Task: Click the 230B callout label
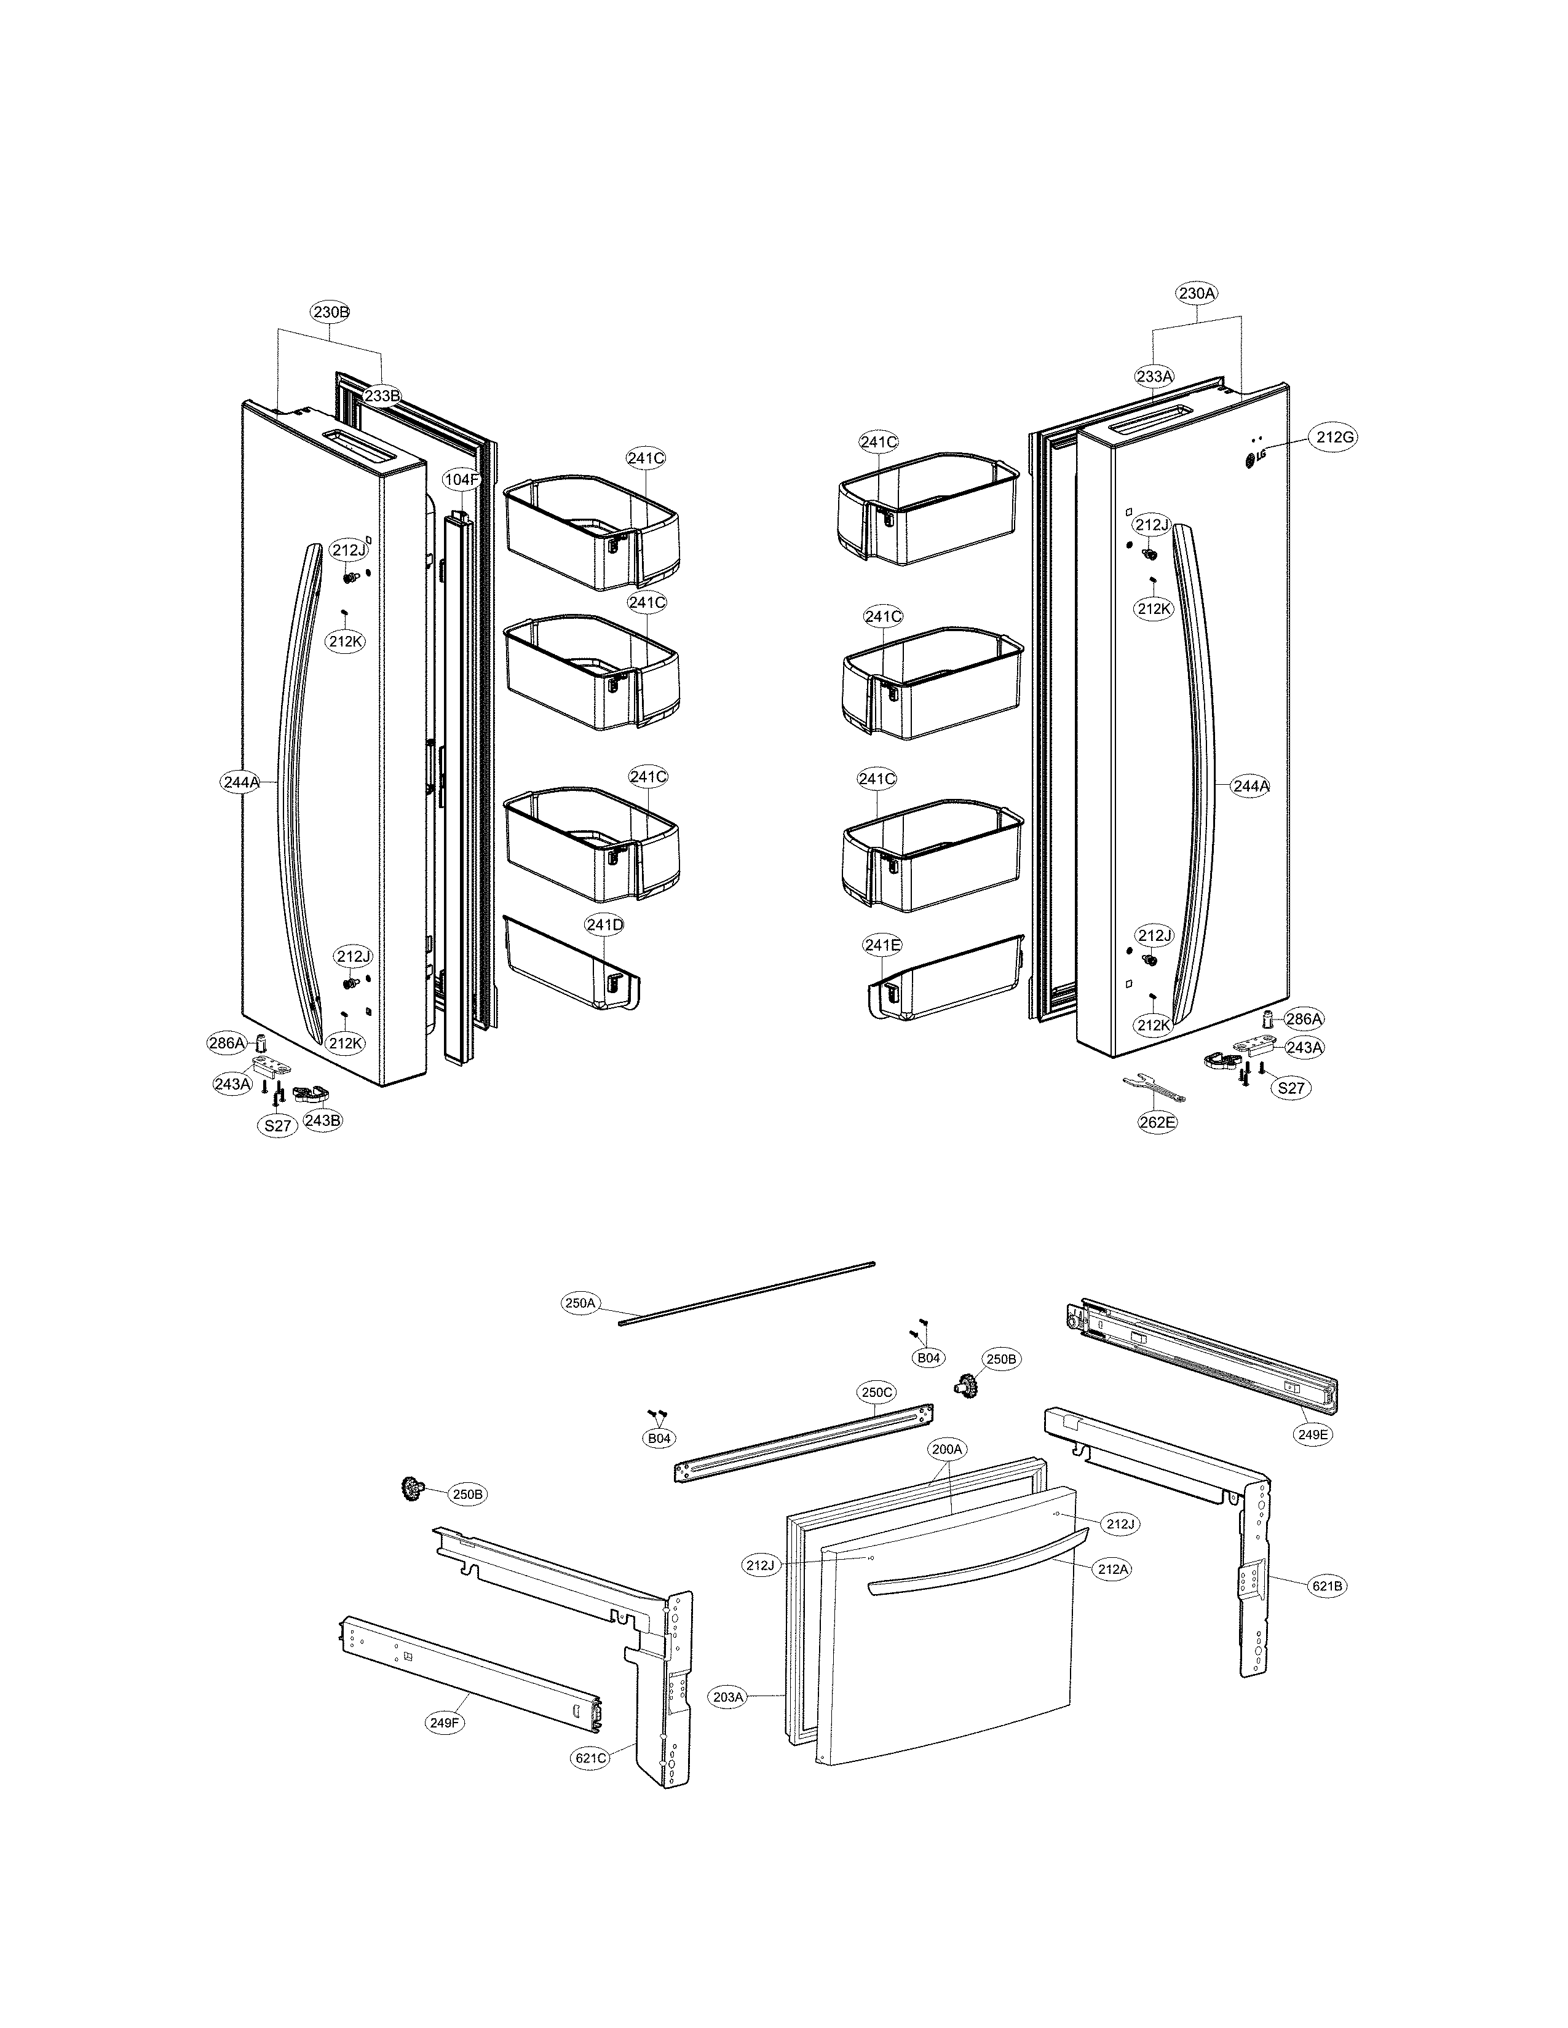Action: tap(331, 312)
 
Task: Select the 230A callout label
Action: tap(1197, 293)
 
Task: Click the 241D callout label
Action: tap(604, 925)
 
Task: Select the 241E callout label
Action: tap(882, 945)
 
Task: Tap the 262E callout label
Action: tap(1157, 1122)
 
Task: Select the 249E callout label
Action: tap(1313, 1434)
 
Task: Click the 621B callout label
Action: tap(1326, 1586)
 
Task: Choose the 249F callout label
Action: tap(445, 1723)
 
